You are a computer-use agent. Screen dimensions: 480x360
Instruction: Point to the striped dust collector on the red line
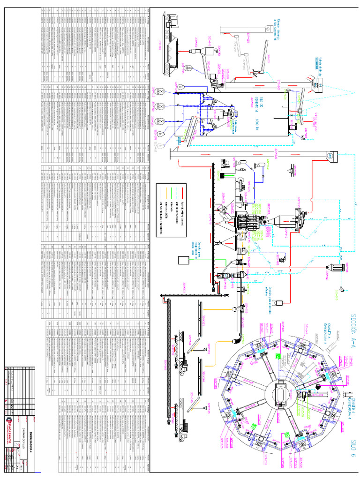(x=337, y=267)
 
